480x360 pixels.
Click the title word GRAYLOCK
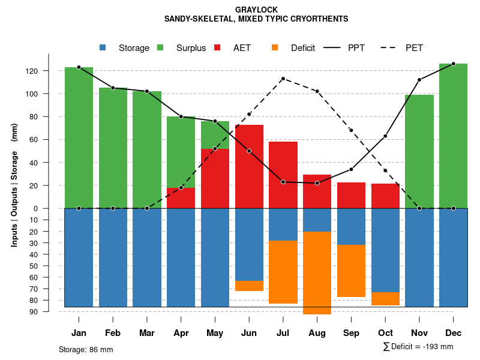(x=256, y=10)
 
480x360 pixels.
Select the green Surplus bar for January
(x=79, y=137)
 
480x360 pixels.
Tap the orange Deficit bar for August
(x=317, y=272)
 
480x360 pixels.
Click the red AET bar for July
(x=283, y=175)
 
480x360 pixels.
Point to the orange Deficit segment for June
(x=249, y=286)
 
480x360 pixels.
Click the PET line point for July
(x=283, y=79)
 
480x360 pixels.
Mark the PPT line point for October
(x=385, y=136)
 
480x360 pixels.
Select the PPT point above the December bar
(x=453, y=64)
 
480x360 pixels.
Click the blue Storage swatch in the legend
(x=103, y=47)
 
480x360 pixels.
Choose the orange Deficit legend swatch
(x=275, y=47)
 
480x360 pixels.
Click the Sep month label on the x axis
(x=352, y=333)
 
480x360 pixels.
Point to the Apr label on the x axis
(x=181, y=333)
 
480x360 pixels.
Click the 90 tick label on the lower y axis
(x=34, y=311)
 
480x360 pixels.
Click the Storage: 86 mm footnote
(x=86, y=349)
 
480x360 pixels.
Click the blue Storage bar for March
(x=147, y=257)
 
